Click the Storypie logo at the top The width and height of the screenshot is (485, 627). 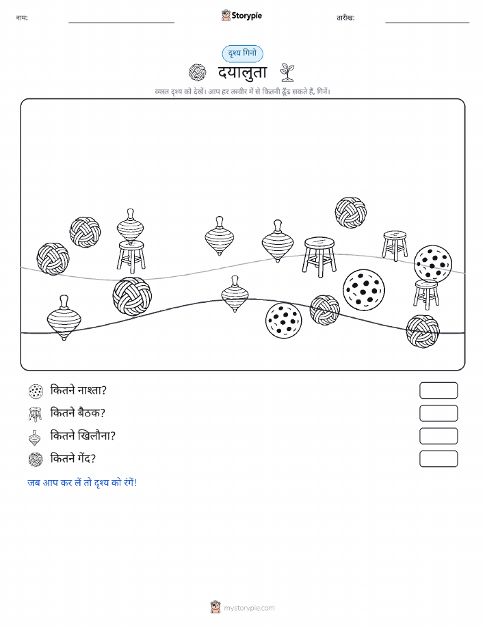[x=241, y=16]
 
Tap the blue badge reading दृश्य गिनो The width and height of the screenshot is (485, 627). [x=242, y=53]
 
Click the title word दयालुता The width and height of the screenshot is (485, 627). [x=242, y=72]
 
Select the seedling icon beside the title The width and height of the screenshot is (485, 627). [x=287, y=72]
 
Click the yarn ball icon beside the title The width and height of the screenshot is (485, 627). [x=197, y=72]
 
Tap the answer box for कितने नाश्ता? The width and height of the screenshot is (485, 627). [x=438, y=390]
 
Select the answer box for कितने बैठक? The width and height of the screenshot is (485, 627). [x=438, y=413]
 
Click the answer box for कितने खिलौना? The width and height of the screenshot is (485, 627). [x=438, y=436]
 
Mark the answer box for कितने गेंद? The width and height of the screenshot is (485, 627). [x=438, y=459]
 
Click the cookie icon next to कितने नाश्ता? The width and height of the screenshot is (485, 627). [x=36, y=391]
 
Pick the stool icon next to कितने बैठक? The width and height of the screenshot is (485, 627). [x=35, y=414]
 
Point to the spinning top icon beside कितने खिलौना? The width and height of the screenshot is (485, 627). [x=35, y=438]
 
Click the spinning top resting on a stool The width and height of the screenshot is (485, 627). [x=131, y=226]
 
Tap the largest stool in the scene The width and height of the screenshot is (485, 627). [x=319, y=256]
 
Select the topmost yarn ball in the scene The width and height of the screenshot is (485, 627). [x=350, y=213]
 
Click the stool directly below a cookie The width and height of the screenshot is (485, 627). [x=426, y=295]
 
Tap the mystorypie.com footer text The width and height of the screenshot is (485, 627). [x=249, y=608]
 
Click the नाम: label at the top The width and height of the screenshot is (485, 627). [x=22, y=18]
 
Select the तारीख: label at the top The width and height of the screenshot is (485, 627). [x=345, y=18]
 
